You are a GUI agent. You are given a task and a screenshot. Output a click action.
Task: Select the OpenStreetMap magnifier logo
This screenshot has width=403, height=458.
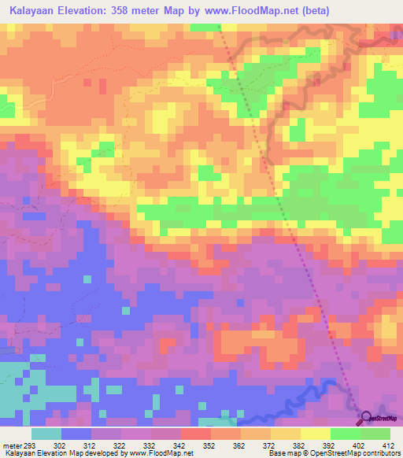pyautogui.click(x=368, y=418)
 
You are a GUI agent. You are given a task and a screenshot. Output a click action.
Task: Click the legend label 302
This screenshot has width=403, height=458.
pyautogui.click(x=76, y=445)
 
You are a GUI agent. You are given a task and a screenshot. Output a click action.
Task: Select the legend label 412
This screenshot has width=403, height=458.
pyautogui.click(x=390, y=445)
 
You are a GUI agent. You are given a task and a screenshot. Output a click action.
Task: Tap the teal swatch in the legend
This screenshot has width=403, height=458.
pyautogui.click(x=46, y=434)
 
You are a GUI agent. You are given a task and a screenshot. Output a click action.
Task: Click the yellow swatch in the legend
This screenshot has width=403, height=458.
pyautogui.click(x=316, y=434)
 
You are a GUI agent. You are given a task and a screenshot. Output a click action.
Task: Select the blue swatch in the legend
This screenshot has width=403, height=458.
pyautogui.click(x=76, y=434)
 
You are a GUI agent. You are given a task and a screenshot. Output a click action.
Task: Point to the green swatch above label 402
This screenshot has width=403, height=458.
pyautogui.click(x=346, y=434)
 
